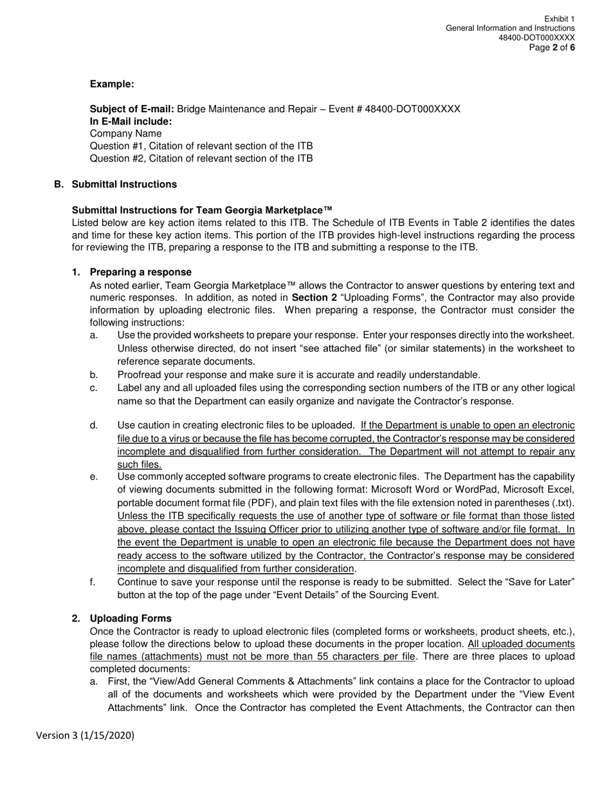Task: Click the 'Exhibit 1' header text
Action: (x=559, y=19)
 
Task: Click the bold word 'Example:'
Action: (x=112, y=84)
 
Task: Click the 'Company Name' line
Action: (x=125, y=133)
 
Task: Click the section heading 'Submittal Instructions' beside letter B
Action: (x=124, y=184)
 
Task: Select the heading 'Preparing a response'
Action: (x=140, y=272)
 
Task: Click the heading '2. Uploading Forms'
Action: (x=131, y=618)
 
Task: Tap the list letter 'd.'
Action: (x=94, y=425)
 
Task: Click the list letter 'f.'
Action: (x=93, y=582)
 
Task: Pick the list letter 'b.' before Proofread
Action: (x=94, y=375)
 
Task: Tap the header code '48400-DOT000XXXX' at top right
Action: (x=536, y=38)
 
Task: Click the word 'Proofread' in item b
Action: (x=140, y=375)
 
